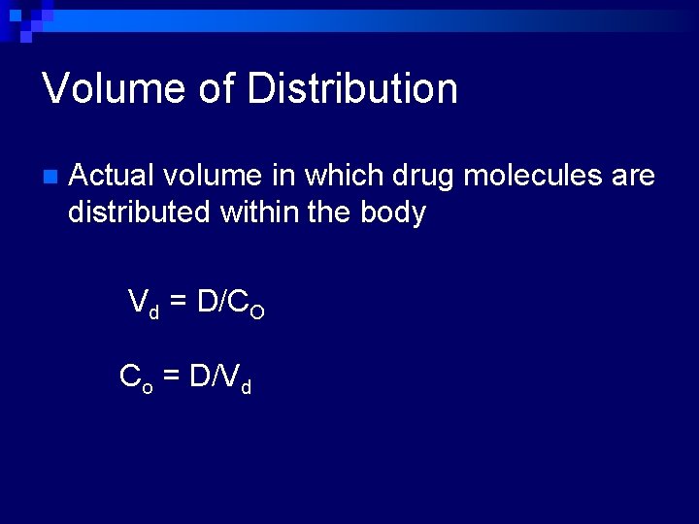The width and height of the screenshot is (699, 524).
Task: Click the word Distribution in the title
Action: coord(352,89)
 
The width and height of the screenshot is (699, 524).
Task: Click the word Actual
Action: coord(112,176)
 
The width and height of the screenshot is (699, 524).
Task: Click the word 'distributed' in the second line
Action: coord(139,212)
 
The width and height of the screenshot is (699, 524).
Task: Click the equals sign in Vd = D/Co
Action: coord(179,304)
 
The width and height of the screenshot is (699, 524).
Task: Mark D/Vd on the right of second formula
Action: coord(220,377)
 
